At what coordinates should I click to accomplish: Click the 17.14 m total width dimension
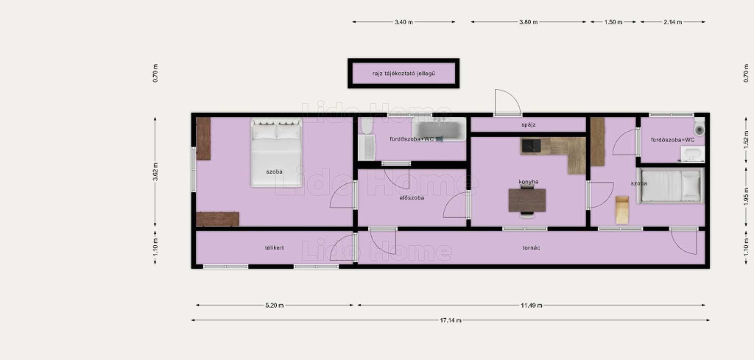click(x=451, y=320)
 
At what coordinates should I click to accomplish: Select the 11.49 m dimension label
click(x=532, y=306)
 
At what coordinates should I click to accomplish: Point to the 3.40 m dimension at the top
click(x=404, y=22)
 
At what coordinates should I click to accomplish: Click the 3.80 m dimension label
click(x=528, y=22)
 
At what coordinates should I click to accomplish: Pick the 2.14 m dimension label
click(x=672, y=22)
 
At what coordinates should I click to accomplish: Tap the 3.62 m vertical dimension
click(x=155, y=172)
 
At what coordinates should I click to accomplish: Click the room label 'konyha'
click(x=528, y=182)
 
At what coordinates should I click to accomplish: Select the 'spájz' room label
click(x=528, y=125)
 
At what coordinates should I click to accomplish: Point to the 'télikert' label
click(x=274, y=247)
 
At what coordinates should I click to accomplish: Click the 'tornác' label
click(x=530, y=248)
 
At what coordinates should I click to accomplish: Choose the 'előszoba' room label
click(x=412, y=197)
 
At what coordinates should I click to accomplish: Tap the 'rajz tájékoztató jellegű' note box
click(x=404, y=74)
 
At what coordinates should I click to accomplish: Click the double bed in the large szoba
click(x=277, y=152)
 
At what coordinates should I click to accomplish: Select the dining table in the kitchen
click(x=527, y=200)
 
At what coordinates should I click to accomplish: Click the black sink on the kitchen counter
click(x=531, y=145)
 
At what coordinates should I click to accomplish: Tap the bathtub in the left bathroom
click(x=439, y=130)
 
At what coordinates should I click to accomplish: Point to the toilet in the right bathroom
click(x=700, y=128)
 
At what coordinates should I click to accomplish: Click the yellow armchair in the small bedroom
click(x=621, y=210)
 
